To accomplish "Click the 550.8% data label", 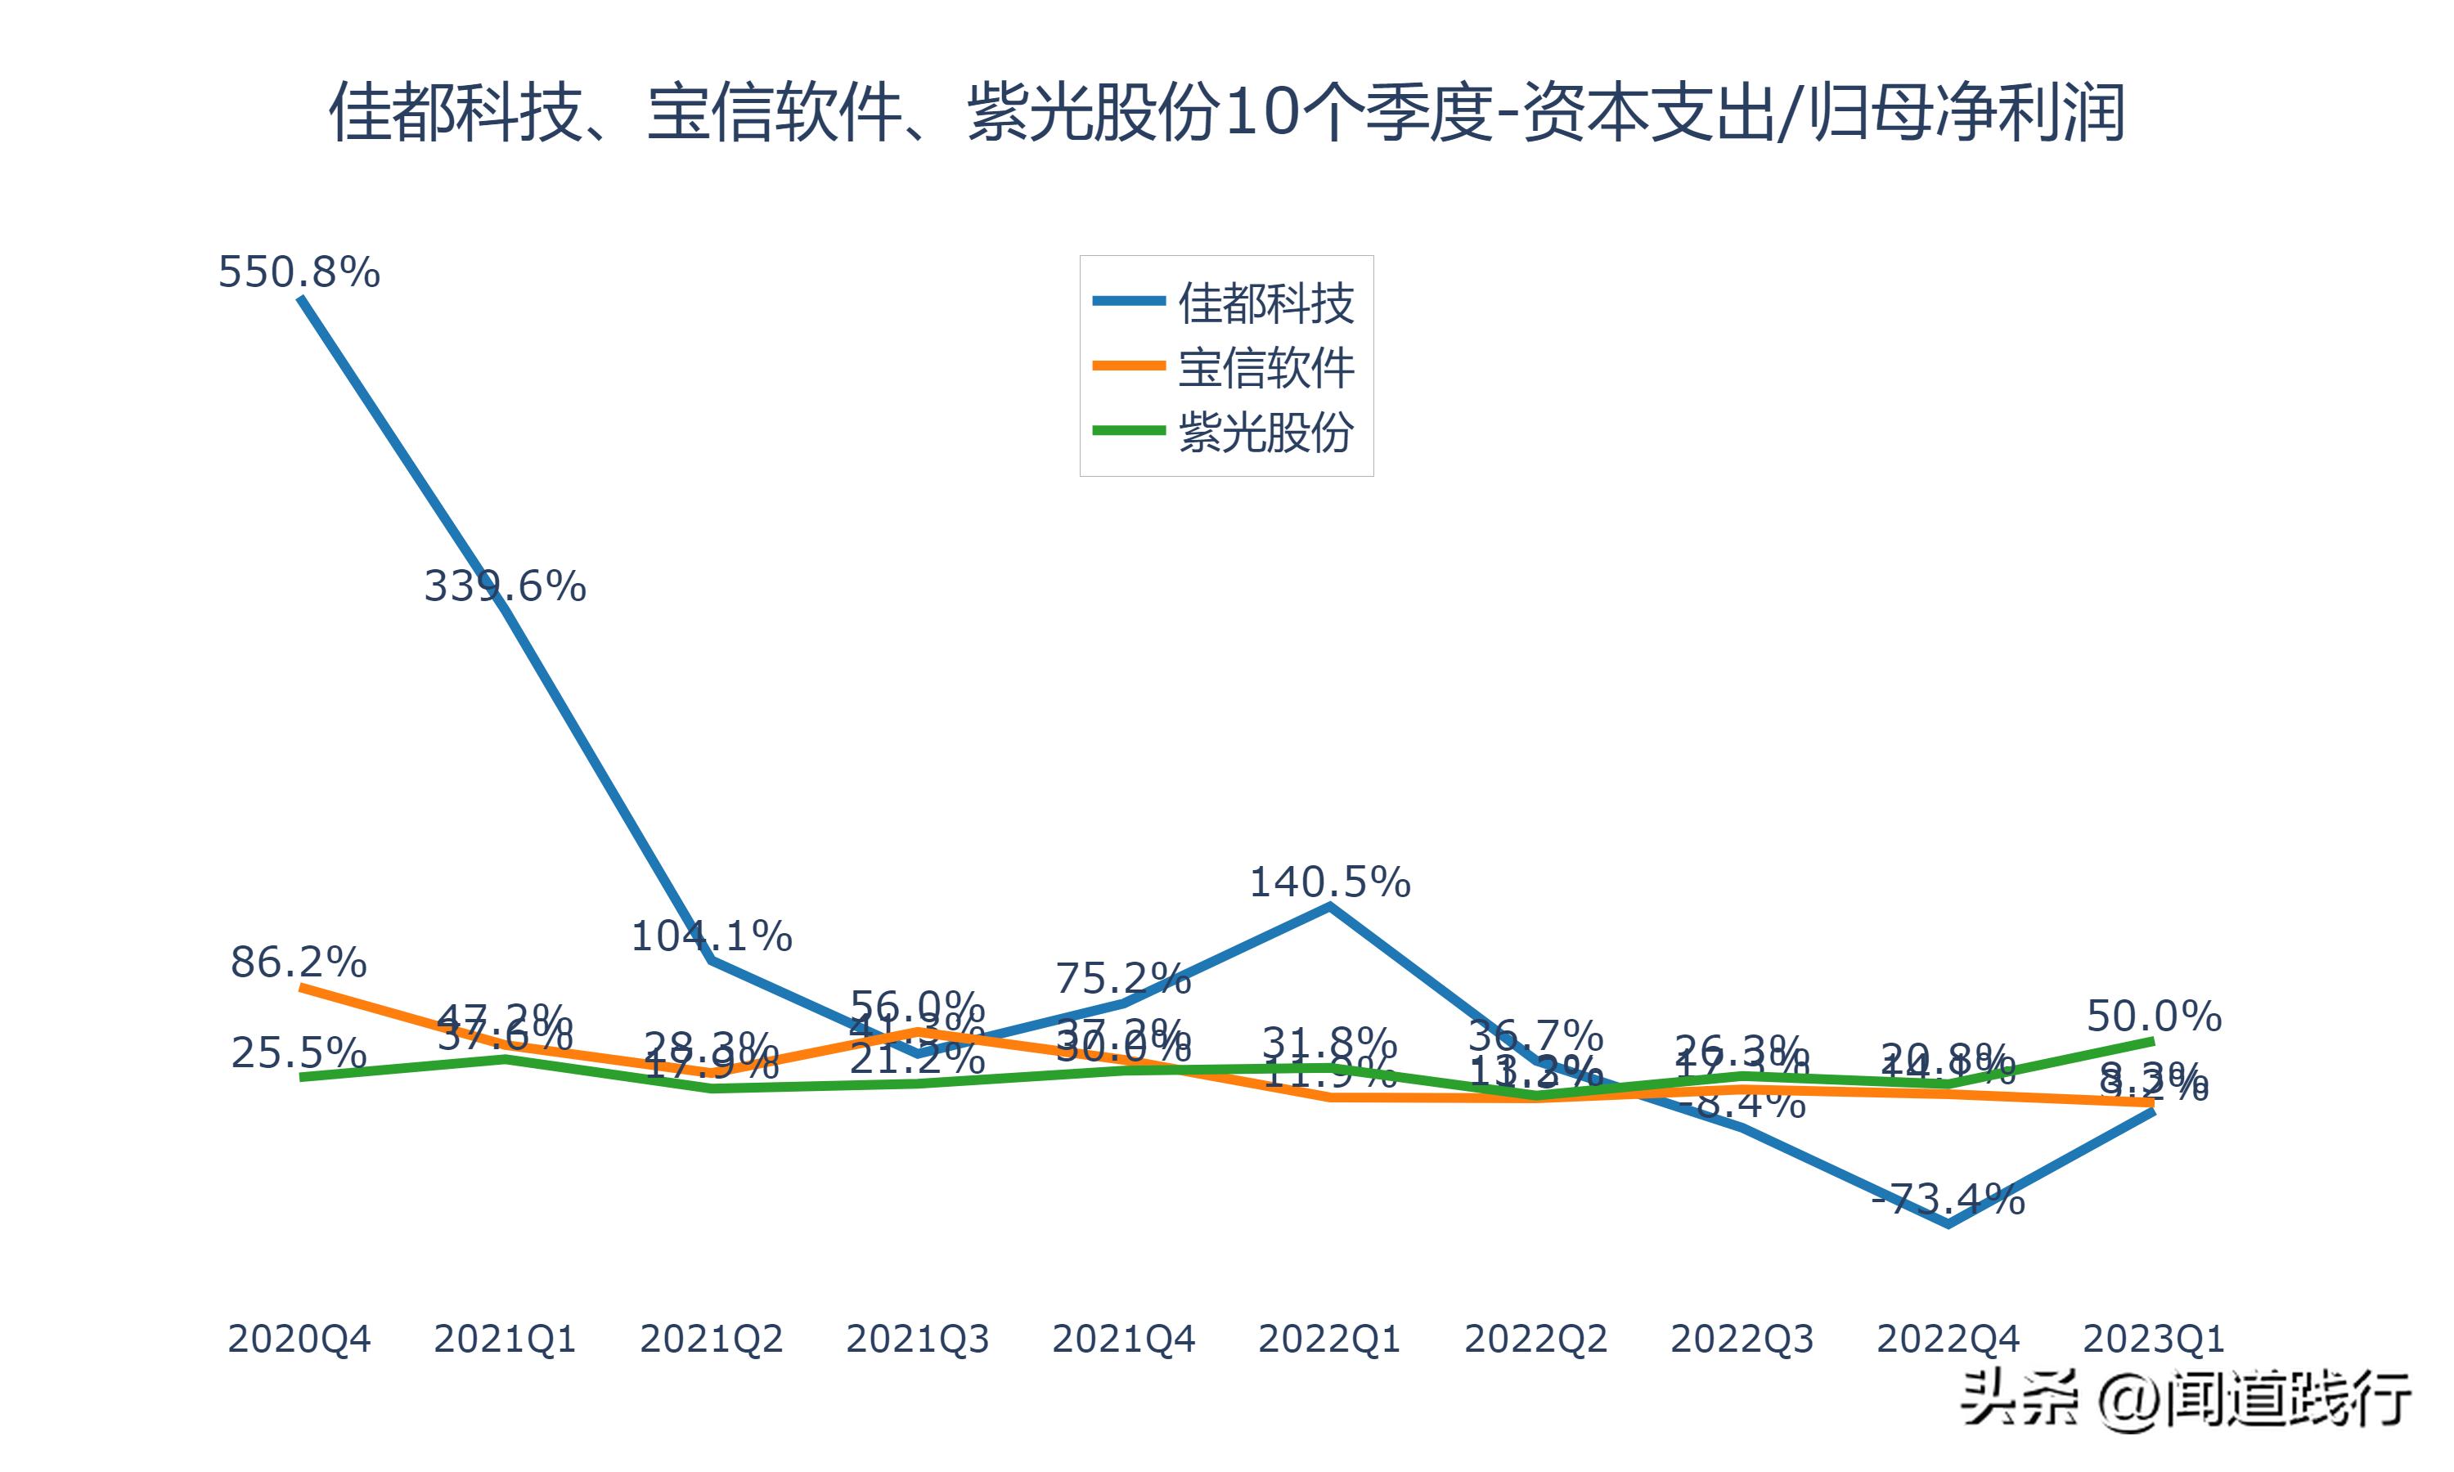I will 299,272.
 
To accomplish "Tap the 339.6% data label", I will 505,586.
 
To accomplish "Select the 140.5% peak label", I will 1329,882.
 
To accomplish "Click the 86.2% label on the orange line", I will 299,963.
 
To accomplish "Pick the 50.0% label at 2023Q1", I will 2154,1016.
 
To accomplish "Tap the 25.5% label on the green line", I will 299,1052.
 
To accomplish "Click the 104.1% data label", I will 711,936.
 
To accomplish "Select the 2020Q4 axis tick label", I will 299,1339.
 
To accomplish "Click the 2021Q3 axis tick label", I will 918,1339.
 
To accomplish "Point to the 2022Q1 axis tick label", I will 1329,1339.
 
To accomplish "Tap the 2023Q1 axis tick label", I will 2154,1339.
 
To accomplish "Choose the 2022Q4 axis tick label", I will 1948,1339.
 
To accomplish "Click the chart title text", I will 1226,112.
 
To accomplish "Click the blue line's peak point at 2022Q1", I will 1329,904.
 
